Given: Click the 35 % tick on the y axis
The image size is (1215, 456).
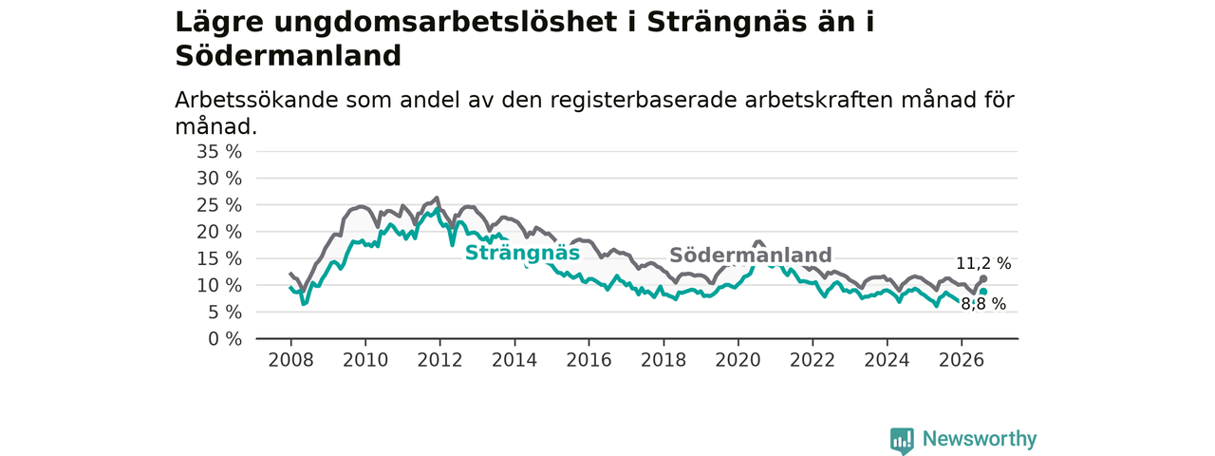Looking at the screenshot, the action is pos(219,152).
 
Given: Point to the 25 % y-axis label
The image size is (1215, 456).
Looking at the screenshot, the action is pos(219,205).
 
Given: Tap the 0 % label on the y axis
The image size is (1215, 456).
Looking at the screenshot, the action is pos(225,339).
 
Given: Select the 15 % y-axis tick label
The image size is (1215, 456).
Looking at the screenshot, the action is pos(219,259).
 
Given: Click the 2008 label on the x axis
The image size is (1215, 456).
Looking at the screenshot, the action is pos(290,360).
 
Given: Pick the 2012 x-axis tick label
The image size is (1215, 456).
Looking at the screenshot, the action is pos(439,360).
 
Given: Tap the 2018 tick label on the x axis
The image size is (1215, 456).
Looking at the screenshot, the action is pos(664,360).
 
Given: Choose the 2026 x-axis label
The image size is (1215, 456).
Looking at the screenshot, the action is pos(962,360).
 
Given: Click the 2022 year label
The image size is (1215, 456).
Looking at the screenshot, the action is pos(813,360).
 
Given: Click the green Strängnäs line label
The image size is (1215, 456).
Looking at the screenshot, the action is pos(522,253).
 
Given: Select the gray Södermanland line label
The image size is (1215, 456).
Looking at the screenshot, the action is pos(751,255).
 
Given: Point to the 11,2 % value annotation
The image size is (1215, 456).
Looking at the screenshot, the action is pos(983,264).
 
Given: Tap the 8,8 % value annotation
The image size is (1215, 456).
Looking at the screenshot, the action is pos(983,304).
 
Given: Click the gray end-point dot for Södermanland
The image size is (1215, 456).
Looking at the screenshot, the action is pos(983,278).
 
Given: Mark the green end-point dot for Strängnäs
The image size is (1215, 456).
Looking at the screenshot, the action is pos(983,292).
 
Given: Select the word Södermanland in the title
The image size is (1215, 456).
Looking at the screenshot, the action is pos(288,56).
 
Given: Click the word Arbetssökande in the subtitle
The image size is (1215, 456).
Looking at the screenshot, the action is pos(256,101).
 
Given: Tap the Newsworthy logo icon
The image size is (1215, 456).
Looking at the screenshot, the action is pos(902,441).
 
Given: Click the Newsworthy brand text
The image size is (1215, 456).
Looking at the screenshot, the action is pos(980,439).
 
